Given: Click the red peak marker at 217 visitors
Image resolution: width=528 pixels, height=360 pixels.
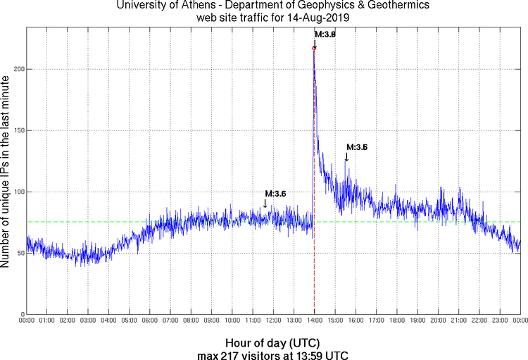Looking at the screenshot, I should [x=314, y=48].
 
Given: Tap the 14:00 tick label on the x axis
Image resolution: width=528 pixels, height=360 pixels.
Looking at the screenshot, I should [x=314, y=321].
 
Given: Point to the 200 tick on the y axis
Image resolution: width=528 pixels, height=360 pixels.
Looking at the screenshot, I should [x=18, y=69].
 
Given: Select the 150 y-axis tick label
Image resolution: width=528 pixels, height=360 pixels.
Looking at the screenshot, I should [x=18, y=130].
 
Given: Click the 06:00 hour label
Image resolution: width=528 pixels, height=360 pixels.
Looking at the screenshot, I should [x=150, y=321].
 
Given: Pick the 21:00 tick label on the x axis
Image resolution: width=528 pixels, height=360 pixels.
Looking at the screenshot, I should [x=458, y=321].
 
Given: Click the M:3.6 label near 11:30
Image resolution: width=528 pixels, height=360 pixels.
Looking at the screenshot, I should [x=275, y=194].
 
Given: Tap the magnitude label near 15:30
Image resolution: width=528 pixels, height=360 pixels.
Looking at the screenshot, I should [x=357, y=147].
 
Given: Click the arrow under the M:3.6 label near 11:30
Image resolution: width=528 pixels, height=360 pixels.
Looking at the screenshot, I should [x=265, y=204].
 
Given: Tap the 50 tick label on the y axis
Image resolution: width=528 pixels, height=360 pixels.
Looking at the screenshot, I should [x=20, y=253].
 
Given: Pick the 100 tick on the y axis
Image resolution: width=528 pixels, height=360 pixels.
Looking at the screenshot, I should [x=18, y=192].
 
